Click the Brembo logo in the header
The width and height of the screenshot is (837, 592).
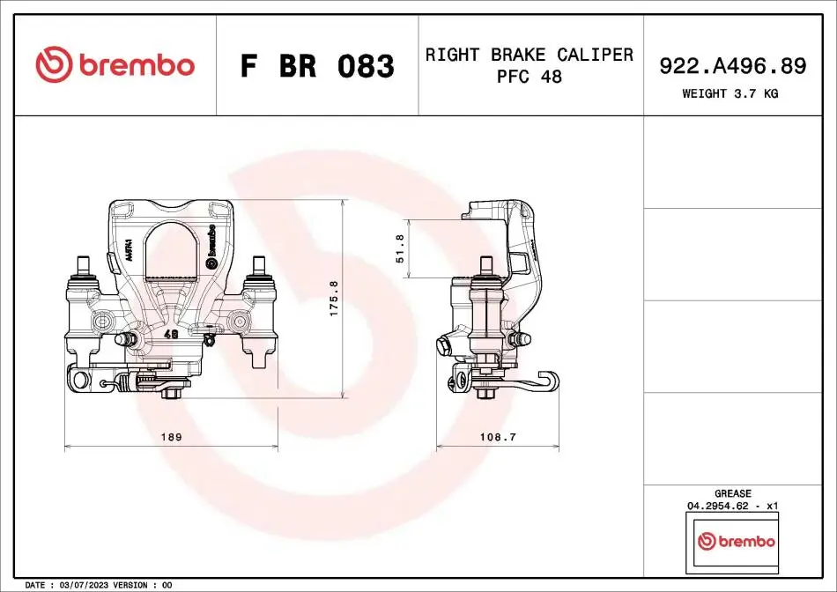(x=115, y=64)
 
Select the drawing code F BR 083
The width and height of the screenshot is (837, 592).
(x=317, y=66)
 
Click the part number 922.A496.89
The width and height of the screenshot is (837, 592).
(x=732, y=66)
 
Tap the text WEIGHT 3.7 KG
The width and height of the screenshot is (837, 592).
(x=730, y=93)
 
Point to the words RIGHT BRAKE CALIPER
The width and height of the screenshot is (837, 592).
(x=529, y=55)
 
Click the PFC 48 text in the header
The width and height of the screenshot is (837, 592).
(x=529, y=77)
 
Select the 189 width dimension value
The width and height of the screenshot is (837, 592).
(x=171, y=437)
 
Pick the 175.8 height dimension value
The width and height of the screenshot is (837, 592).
(x=334, y=299)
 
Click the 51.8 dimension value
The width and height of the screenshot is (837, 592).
(x=400, y=248)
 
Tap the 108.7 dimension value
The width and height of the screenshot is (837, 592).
(x=498, y=437)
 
